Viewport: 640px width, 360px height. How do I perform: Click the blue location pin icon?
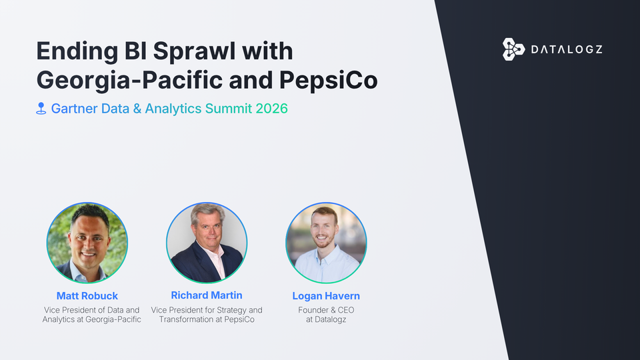[x=41, y=108]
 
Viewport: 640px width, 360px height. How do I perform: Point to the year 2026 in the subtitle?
[x=271, y=108]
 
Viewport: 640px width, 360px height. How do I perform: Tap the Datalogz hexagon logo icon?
[x=513, y=49]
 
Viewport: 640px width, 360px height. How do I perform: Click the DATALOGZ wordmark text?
[x=566, y=49]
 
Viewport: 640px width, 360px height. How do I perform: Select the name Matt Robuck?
[x=87, y=296]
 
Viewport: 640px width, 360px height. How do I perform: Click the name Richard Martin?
[x=207, y=295]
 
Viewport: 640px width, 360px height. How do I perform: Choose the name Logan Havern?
[x=326, y=296]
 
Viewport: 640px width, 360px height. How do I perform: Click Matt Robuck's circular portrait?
[x=87, y=242]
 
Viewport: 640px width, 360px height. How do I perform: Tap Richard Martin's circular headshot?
[x=207, y=242]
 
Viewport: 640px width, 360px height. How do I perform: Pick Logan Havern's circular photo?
[x=326, y=242]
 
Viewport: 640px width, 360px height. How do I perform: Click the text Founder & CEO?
[x=326, y=310]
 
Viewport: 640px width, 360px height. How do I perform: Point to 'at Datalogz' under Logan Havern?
[x=326, y=320]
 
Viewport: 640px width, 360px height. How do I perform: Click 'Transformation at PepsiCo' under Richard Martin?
[x=207, y=320]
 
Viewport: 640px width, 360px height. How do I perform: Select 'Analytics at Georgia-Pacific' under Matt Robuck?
[x=92, y=320]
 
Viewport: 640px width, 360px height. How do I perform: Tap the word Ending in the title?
[x=69, y=52]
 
